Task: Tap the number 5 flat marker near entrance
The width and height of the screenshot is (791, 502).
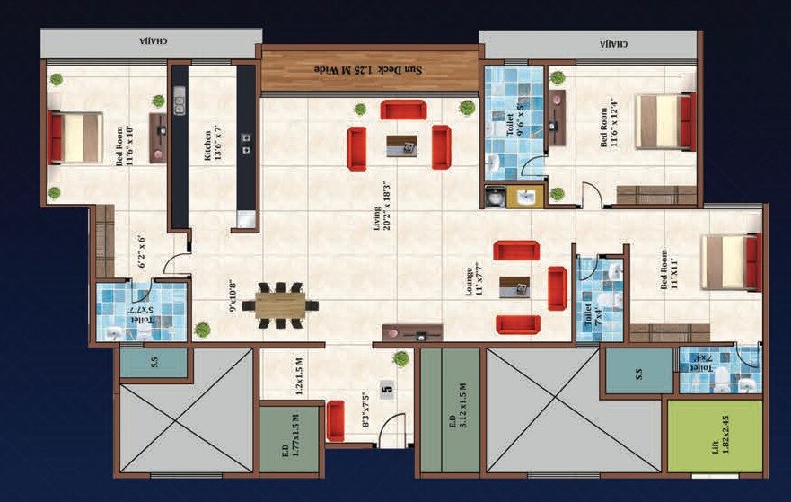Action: point(387,389)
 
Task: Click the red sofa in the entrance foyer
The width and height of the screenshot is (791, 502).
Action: point(336,421)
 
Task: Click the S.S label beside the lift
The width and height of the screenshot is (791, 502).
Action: point(638,371)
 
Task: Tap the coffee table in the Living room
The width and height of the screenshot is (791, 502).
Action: point(401,145)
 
